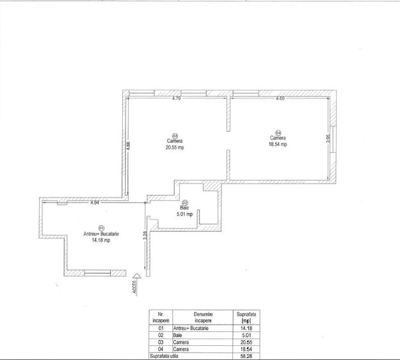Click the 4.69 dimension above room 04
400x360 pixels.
(x=280, y=99)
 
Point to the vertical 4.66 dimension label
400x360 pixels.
(x=128, y=145)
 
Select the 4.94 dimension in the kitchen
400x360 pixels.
(x=94, y=203)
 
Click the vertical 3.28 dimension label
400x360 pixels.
(x=145, y=234)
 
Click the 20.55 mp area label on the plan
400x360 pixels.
(x=175, y=147)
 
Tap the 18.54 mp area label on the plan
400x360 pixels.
(x=278, y=145)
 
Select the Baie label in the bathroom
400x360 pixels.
(x=184, y=208)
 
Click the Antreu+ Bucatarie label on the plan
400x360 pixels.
(x=101, y=234)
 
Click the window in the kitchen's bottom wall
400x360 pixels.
(x=100, y=273)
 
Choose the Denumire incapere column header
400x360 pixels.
(x=203, y=317)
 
